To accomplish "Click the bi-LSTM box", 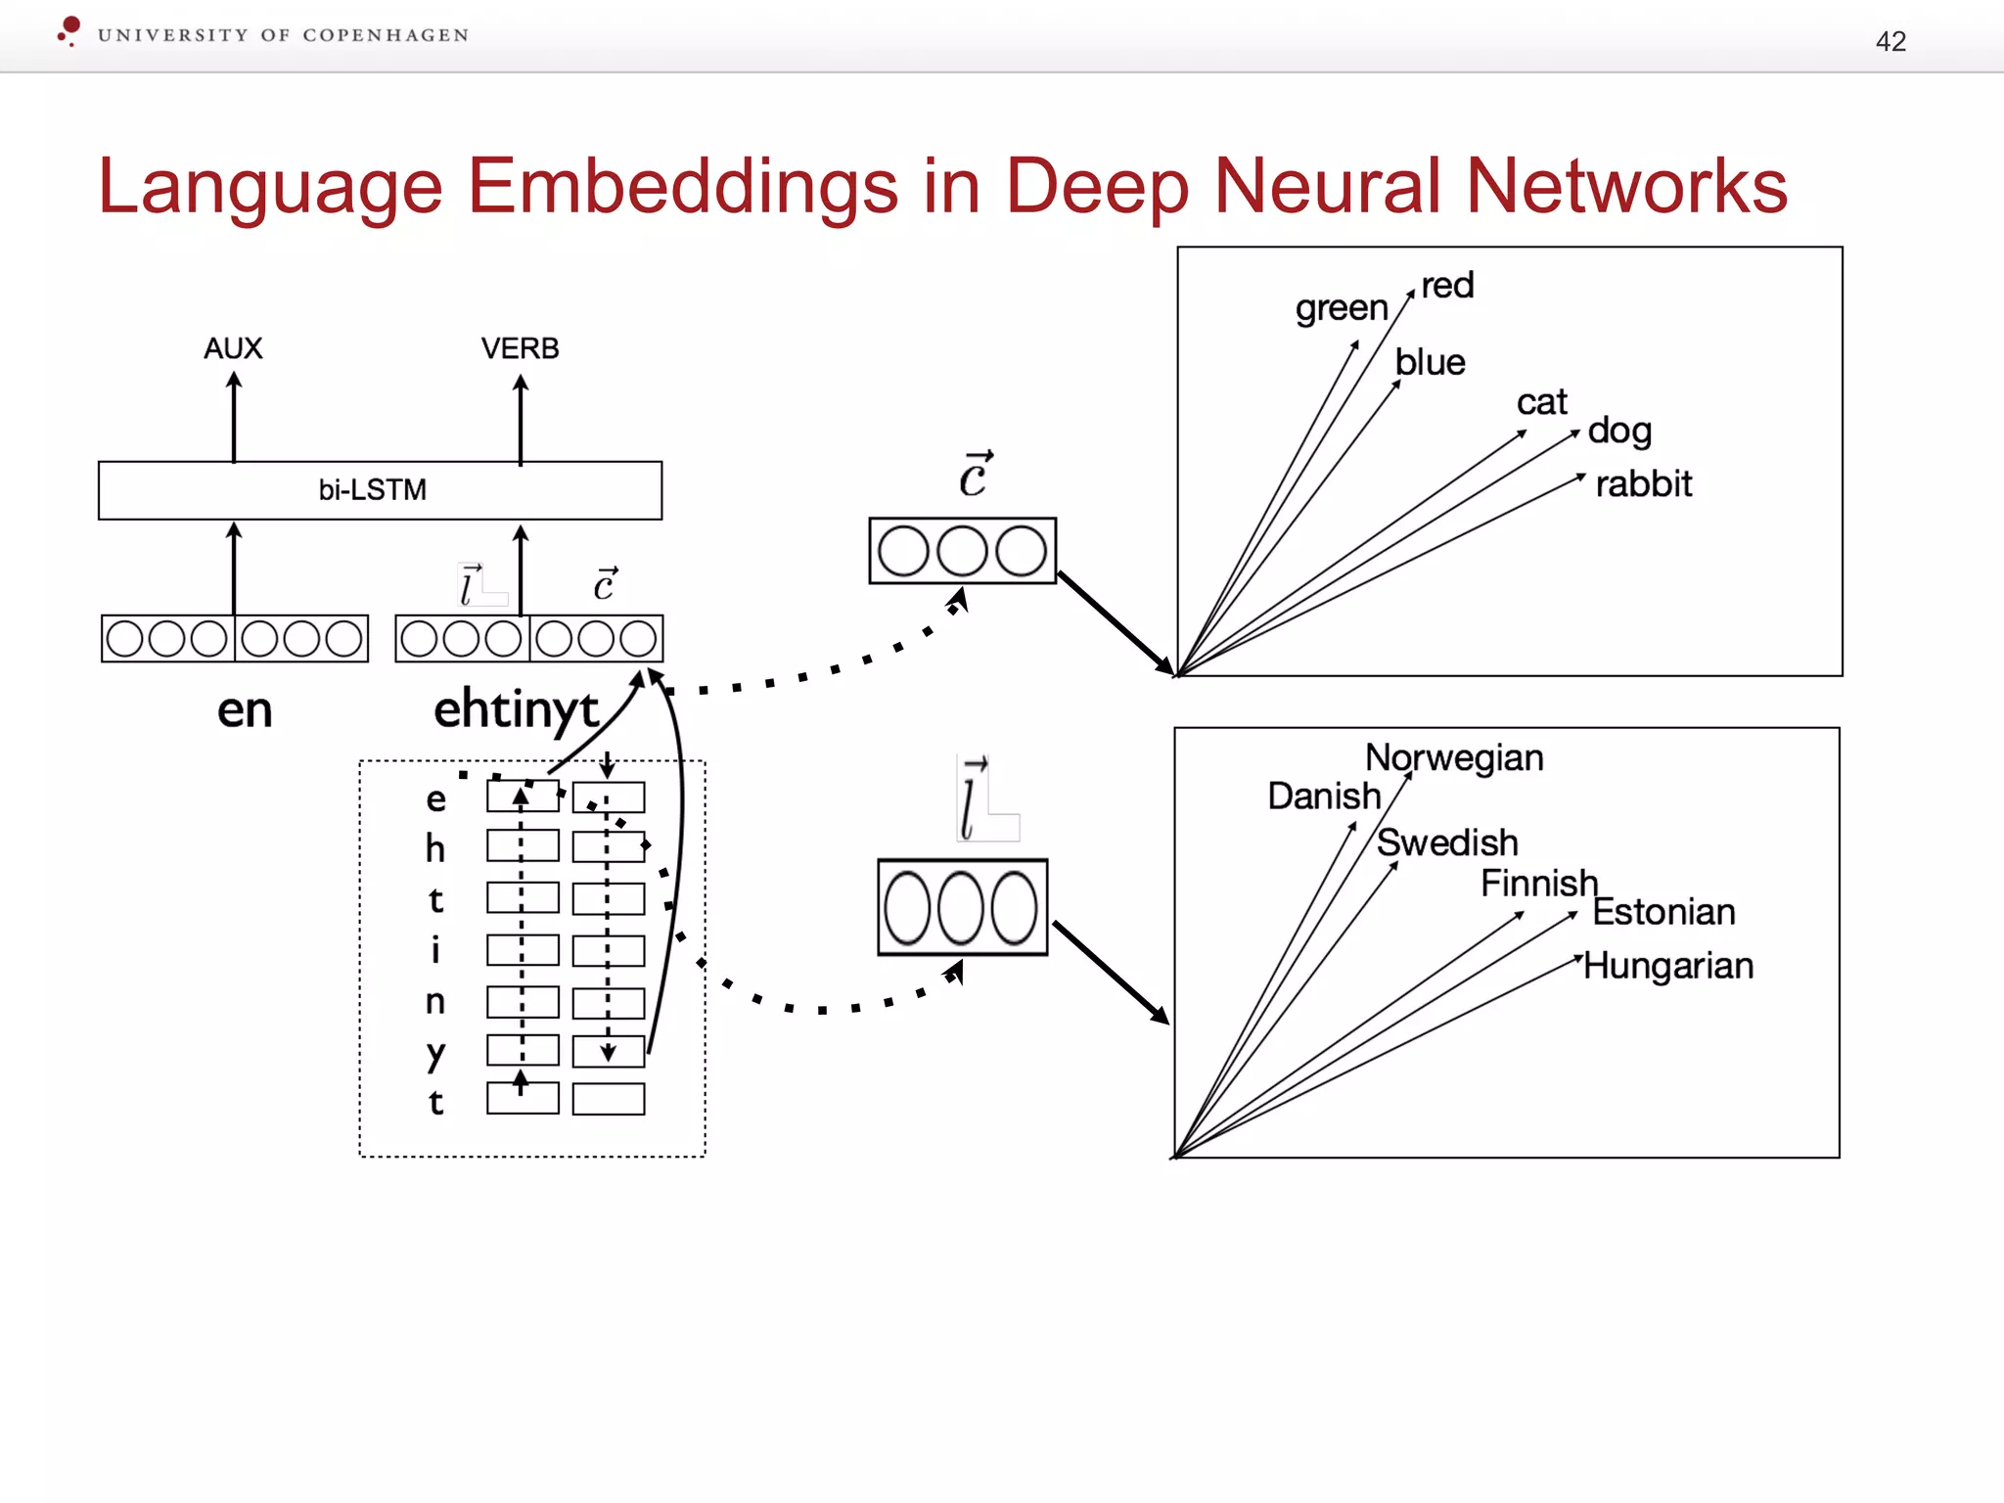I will (380, 489).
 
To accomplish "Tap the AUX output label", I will (233, 348).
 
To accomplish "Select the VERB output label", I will (520, 348).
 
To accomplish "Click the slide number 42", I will (1890, 41).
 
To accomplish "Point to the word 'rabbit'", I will (1643, 483).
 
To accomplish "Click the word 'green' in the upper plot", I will (1342, 308).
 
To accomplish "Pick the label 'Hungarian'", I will (1668, 966).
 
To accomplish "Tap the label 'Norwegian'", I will (1454, 757).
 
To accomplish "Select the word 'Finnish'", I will (1538, 883).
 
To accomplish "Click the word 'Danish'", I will (1324, 796).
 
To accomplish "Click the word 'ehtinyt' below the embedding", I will (516, 709).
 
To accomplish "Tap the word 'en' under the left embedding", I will (245, 710).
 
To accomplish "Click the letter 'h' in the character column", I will (435, 848).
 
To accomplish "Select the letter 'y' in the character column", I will (435, 1053).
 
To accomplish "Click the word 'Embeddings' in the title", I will (682, 186).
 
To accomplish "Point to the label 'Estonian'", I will (1663, 912).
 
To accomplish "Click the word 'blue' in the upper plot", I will (1430, 362).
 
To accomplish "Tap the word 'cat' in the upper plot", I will (1541, 401).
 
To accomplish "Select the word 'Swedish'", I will (1447, 842).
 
